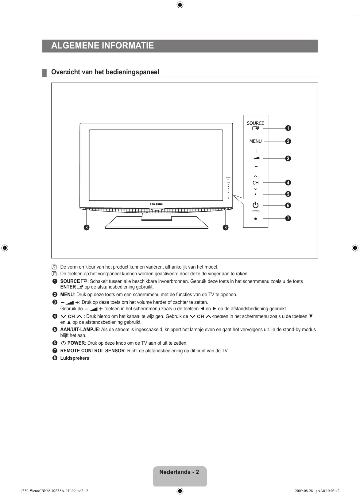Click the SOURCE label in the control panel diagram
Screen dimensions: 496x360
255,123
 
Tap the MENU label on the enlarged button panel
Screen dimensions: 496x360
255,141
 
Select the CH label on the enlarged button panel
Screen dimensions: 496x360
255,183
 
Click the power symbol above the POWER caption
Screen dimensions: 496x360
255,205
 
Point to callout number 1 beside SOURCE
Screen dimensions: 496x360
288,128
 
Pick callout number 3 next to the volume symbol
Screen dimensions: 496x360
288,158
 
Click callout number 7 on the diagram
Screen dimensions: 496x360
288,218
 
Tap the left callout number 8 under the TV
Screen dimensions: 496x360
87,227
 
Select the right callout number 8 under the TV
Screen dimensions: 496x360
226,227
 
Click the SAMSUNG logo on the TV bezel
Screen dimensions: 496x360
156,204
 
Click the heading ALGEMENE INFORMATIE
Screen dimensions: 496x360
103,46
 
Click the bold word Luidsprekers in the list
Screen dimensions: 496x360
75,358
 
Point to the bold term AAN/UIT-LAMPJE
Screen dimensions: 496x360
79,329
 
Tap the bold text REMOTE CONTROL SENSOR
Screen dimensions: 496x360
92,351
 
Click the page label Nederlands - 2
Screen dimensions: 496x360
179,472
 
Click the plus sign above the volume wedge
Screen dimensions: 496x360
256,151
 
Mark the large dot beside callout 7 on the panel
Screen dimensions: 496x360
255,219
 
